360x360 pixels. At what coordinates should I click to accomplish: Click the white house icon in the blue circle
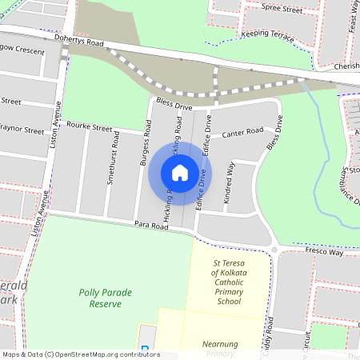(x=180, y=173)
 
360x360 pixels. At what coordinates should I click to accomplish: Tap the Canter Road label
(x=242, y=132)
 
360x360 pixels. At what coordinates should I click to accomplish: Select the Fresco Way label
(x=323, y=252)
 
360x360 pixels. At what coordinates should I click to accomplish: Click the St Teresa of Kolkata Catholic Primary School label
(x=228, y=282)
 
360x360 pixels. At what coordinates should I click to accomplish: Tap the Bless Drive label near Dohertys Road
(x=175, y=104)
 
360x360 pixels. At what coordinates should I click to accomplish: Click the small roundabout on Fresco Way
(x=275, y=250)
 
